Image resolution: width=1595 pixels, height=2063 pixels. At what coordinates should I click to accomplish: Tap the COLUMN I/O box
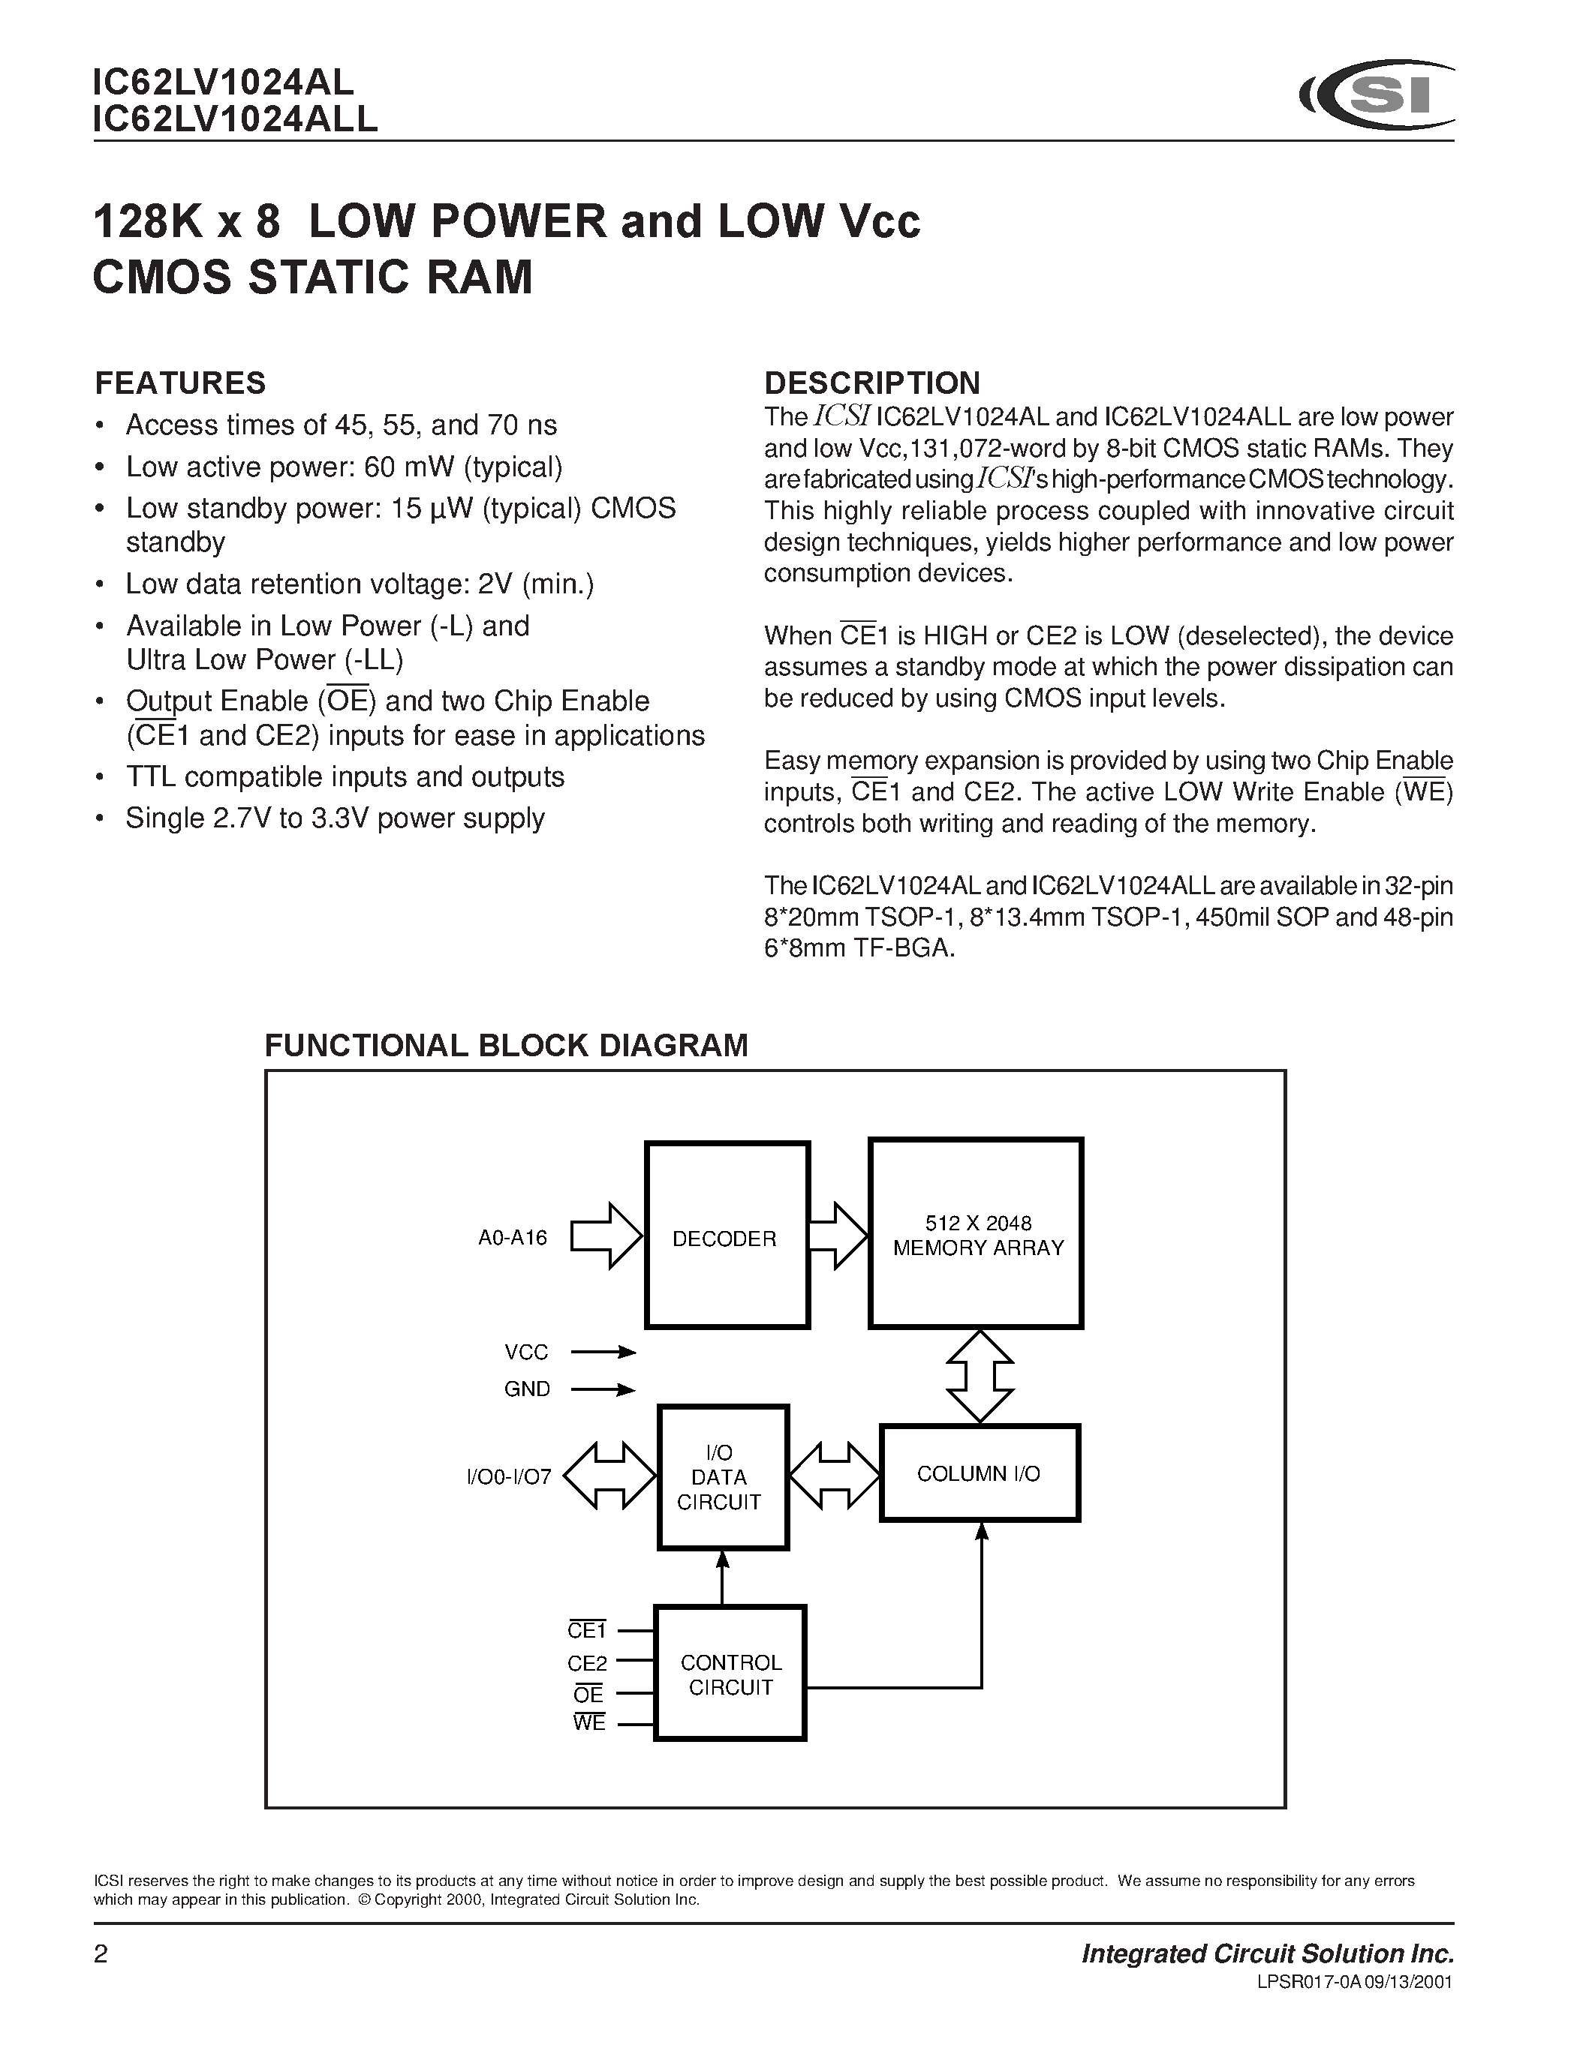point(979,1473)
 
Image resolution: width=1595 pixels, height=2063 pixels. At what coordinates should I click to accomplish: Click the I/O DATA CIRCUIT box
point(723,1477)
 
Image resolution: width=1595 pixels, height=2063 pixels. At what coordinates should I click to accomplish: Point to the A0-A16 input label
point(512,1237)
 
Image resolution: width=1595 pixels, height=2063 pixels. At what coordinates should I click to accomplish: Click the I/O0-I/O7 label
point(508,1476)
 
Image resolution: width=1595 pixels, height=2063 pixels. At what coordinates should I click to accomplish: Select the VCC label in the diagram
point(526,1353)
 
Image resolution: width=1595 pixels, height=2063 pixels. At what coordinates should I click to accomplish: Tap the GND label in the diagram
point(526,1389)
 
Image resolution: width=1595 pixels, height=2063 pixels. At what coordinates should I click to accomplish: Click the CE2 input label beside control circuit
point(587,1663)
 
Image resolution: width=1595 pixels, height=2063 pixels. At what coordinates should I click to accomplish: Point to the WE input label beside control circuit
point(588,1723)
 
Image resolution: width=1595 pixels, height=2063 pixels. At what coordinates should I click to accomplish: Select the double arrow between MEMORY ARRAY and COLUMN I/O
point(980,1377)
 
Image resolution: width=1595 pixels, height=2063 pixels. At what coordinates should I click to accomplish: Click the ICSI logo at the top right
point(1377,95)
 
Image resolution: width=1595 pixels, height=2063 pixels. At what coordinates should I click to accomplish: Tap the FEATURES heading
point(180,383)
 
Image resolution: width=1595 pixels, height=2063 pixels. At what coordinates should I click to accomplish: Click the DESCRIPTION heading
point(871,383)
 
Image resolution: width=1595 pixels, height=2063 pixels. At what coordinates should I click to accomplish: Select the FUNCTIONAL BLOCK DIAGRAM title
point(506,1046)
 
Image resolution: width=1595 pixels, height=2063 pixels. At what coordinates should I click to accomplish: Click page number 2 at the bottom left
point(101,1954)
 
